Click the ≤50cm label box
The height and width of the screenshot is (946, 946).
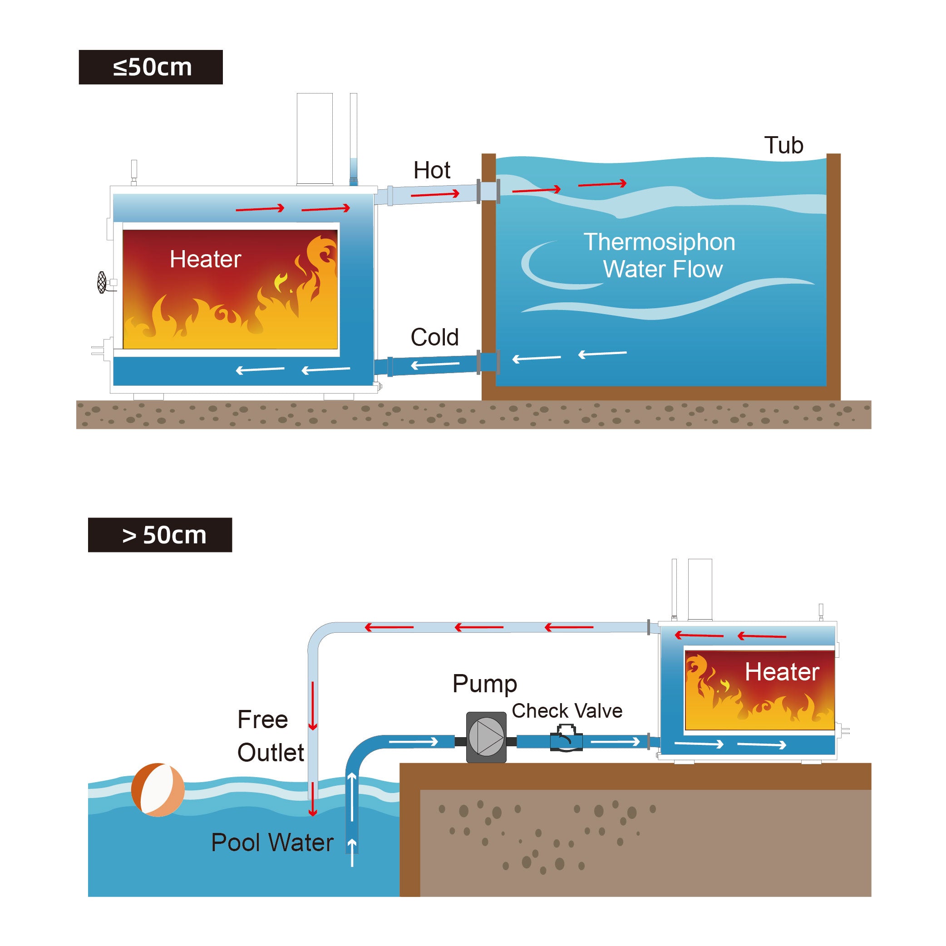(x=150, y=67)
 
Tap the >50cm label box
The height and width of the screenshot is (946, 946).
(x=160, y=535)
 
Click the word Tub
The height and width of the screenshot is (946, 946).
(x=783, y=145)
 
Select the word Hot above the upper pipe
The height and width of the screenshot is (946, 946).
(x=431, y=170)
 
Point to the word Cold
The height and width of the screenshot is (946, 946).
(x=434, y=337)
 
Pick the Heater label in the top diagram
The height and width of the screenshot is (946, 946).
(x=205, y=259)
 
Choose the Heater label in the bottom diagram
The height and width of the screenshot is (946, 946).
(x=782, y=672)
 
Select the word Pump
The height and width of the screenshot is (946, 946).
(x=484, y=684)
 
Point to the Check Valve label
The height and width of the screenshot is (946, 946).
(x=567, y=710)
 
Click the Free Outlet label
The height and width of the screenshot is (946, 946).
(x=270, y=736)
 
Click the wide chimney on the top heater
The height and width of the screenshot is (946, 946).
(x=315, y=138)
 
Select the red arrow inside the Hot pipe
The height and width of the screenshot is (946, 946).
(x=435, y=194)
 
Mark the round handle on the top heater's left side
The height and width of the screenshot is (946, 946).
(x=102, y=282)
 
